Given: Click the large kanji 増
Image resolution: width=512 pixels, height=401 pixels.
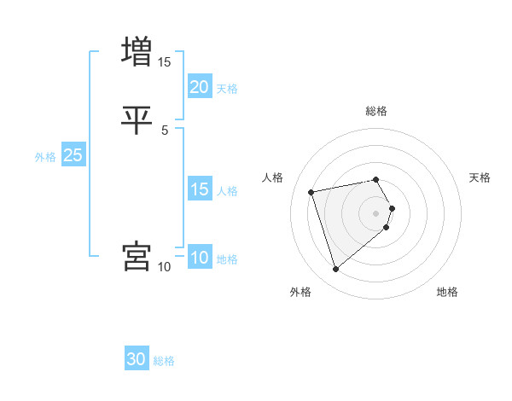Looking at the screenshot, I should pyautogui.click(x=137, y=51).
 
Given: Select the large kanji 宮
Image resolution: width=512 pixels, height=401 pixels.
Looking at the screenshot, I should pyautogui.click(x=137, y=256).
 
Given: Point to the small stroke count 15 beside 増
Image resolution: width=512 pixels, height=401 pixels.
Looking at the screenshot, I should pyautogui.click(x=165, y=62).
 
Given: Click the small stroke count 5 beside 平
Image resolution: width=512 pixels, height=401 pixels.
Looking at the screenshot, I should pyautogui.click(x=165, y=130).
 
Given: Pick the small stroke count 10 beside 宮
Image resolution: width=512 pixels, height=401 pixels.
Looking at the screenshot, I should pyautogui.click(x=165, y=267).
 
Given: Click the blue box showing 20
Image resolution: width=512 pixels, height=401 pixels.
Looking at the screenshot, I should pyautogui.click(x=199, y=86).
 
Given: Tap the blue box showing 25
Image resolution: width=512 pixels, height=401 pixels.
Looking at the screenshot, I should pyautogui.click(x=73, y=155).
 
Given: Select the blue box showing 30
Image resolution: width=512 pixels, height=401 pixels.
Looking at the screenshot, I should pyautogui.click(x=137, y=359).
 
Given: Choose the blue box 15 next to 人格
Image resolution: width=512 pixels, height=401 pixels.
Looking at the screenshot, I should pyautogui.click(x=199, y=189).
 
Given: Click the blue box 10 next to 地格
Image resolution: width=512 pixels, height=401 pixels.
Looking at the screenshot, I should pyautogui.click(x=199, y=258).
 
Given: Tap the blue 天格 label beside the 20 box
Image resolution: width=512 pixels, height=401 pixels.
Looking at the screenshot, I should pyautogui.click(x=227, y=88).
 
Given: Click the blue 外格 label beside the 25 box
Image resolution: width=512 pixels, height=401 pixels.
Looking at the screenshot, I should pyautogui.click(x=45, y=157).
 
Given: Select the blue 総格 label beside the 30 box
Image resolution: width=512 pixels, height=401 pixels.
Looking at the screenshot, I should pyautogui.click(x=164, y=361).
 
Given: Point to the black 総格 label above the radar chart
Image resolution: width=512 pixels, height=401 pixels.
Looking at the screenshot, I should pyautogui.click(x=376, y=111).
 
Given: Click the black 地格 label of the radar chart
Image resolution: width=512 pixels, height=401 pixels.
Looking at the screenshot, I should pyautogui.click(x=447, y=293).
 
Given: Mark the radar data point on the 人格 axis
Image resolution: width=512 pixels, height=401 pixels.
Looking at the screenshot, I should pyautogui.click(x=311, y=191).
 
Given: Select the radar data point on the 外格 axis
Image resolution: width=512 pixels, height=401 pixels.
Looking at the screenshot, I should pyautogui.click(x=335, y=270).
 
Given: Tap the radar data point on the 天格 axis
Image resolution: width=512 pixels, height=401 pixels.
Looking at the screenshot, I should pyautogui.click(x=392, y=207).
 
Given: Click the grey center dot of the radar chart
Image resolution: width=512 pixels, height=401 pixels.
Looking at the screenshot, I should pyautogui.click(x=376, y=212).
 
